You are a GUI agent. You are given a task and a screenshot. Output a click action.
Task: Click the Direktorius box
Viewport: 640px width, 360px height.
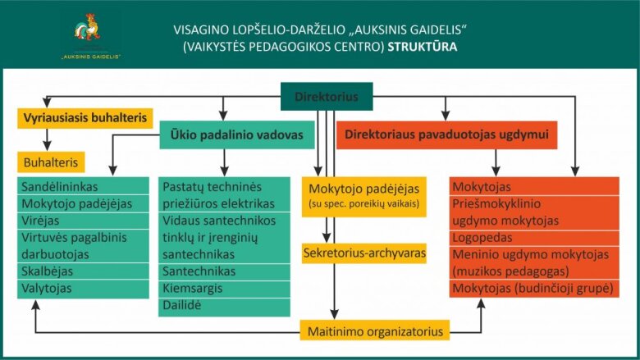327,97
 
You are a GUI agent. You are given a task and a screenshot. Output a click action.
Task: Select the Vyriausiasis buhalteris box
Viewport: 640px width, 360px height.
85,118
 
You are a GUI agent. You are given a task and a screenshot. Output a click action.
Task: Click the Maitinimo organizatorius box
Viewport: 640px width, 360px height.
375,331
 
